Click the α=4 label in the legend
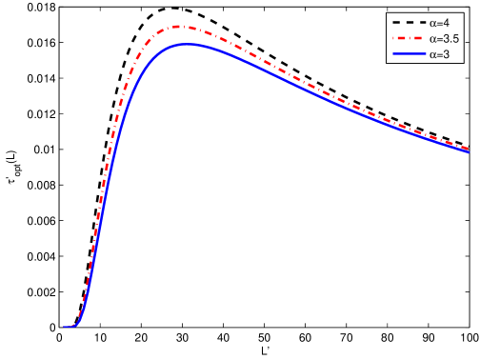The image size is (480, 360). [439, 23]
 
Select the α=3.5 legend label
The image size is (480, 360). [443, 39]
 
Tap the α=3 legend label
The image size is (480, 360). [439, 55]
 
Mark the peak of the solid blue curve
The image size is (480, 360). [187, 44]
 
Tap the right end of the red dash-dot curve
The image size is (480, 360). [469, 148]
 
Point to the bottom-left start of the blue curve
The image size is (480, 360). [65, 328]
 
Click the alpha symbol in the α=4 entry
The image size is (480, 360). [432, 23]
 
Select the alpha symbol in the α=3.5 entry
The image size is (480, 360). [432, 39]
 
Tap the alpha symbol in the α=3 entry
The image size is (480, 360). [432, 55]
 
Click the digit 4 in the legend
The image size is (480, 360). [447, 23]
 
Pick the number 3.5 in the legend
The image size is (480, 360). [450, 39]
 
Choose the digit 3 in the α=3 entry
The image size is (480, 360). [447, 55]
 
